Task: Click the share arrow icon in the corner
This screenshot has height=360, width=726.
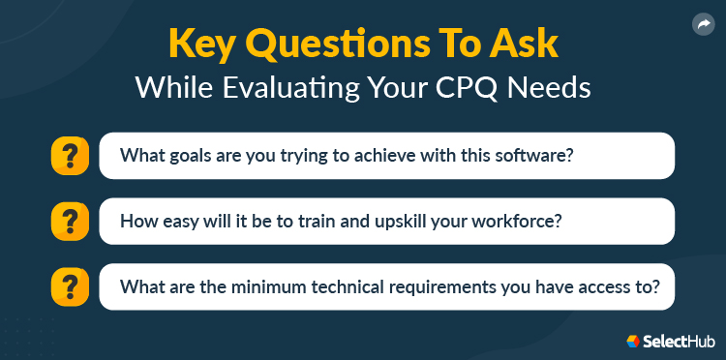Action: (x=703, y=25)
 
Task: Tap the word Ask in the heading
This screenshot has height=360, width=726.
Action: (x=527, y=45)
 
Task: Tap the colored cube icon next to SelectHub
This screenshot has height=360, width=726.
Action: (x=634, y=341)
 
